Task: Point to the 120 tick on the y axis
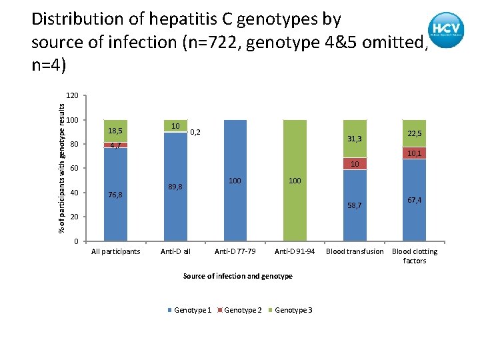click(x=72, y=96)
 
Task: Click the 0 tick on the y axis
click(x=76, y=241)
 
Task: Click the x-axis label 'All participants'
click(x=116, y=252)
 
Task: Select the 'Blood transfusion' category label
click(x=355, y=252)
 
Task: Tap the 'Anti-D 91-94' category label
click(x=295, y=252)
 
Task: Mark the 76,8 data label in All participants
click(x=116, y=195)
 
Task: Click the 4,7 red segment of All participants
click(x=116, y=145)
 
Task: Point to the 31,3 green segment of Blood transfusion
click(x=355, y=139)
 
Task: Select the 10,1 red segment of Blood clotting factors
click(x=415, y=153)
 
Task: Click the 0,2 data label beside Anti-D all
click(x=196, y=133)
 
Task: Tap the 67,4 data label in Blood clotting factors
click(x=415, y=200)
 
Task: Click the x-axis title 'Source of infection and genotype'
click(x=238, y=276)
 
